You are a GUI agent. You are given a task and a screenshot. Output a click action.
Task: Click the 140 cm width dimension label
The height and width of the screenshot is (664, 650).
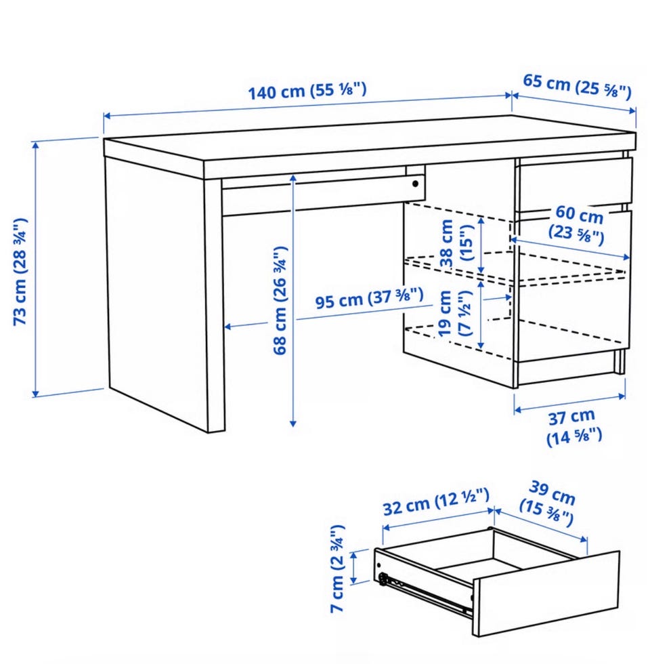click(x=307, y=90)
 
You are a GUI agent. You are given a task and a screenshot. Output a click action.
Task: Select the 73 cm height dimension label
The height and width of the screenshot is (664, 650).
click(x=20, y=272)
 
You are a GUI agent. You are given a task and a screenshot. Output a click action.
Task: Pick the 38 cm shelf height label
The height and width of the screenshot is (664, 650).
click(x=455, y=243)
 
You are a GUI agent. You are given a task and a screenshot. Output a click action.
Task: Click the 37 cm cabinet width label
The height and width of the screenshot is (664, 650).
click(x=573, y=428)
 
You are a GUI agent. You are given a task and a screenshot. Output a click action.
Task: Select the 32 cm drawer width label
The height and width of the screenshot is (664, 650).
click(x=436, y=503)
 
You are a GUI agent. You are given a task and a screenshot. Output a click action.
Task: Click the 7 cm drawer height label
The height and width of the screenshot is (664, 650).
click(x=338, y=568)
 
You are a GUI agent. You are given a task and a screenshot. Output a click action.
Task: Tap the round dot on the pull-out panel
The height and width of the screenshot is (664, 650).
click(x=416, y=184)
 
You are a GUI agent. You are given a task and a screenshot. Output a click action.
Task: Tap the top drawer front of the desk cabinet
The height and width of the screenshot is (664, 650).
click(x=574, y=184)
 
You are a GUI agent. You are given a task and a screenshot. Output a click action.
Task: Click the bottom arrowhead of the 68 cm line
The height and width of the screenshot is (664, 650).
click(x=292, y=423)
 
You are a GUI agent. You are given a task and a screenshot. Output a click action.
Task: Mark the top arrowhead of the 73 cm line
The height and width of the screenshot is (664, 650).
click(x=35, y=145)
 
